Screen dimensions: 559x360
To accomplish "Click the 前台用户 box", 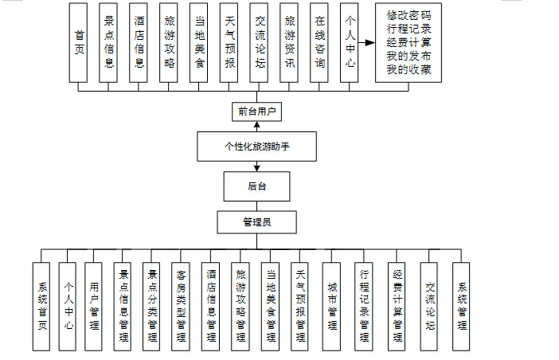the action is click(256, 112).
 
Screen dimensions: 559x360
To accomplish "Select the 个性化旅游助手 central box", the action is click(256, 147).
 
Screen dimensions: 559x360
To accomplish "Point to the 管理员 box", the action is click(256, 221).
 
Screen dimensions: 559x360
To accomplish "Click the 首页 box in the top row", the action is click(78, 41).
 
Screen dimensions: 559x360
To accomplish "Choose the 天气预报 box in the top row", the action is click(229, 41).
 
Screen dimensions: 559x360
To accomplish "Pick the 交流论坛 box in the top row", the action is click(260, 41).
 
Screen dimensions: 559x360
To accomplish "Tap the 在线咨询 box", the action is click(319, 41).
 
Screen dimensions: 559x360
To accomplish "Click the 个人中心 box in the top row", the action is click(349, 41).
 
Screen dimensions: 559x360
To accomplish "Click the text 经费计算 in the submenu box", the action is click(408, 41).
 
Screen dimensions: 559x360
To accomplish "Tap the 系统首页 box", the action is click(41, 307).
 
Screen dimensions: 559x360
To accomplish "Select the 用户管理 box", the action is click(93, 307).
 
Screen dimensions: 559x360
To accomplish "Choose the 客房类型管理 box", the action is click(181, 307).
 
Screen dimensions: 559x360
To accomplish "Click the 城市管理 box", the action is click(331, 307).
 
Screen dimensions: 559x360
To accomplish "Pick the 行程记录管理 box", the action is click(363, 307).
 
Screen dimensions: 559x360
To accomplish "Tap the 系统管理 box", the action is click(462, 307).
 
